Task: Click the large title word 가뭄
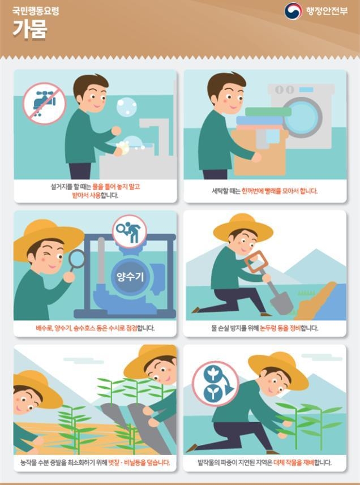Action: click(x=29, y=29)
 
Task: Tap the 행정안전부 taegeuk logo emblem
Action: click(x=293, y=11)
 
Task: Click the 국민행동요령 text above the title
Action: click(x=36, y=11)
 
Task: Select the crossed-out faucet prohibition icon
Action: click(x=44, y=104)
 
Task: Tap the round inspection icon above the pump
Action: click(x=129, y=231)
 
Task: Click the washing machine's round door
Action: click(x=302, y=117)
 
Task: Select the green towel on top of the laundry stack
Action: click(x=268, y=111)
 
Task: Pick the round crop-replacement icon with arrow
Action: click(x=216, y=383)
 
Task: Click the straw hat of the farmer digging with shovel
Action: click(x=243, y=228)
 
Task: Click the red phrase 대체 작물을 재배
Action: click(x=294, y=463)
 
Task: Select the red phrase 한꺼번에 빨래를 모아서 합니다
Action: click(x=280, y=191)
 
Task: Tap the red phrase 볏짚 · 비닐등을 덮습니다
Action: click(x=139, y=463)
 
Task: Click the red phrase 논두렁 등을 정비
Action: click(x=280, y=328)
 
